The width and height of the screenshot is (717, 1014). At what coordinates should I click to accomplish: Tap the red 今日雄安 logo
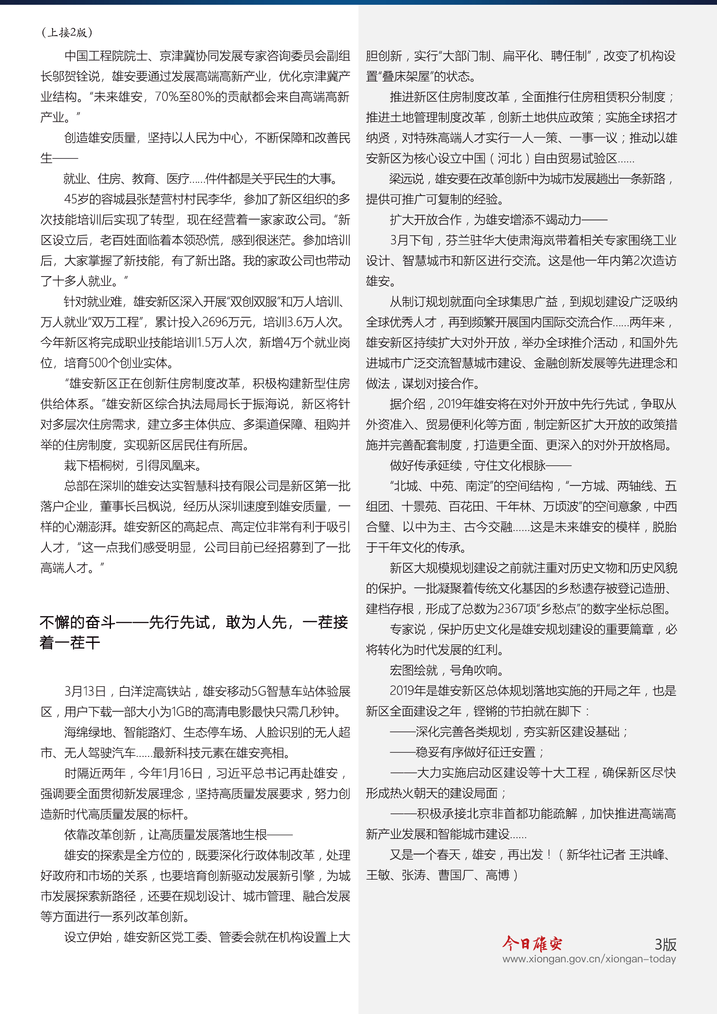[x=532, y=943]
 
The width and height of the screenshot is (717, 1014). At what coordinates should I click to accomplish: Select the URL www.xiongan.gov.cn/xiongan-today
[x=589, y=959]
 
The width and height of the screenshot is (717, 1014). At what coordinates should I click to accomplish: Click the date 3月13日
[x=85, y=691]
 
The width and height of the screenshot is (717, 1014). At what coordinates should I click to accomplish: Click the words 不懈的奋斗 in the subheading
[x=77, y=622]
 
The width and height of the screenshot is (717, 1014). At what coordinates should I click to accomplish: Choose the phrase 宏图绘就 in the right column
[x=414, y=670]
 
